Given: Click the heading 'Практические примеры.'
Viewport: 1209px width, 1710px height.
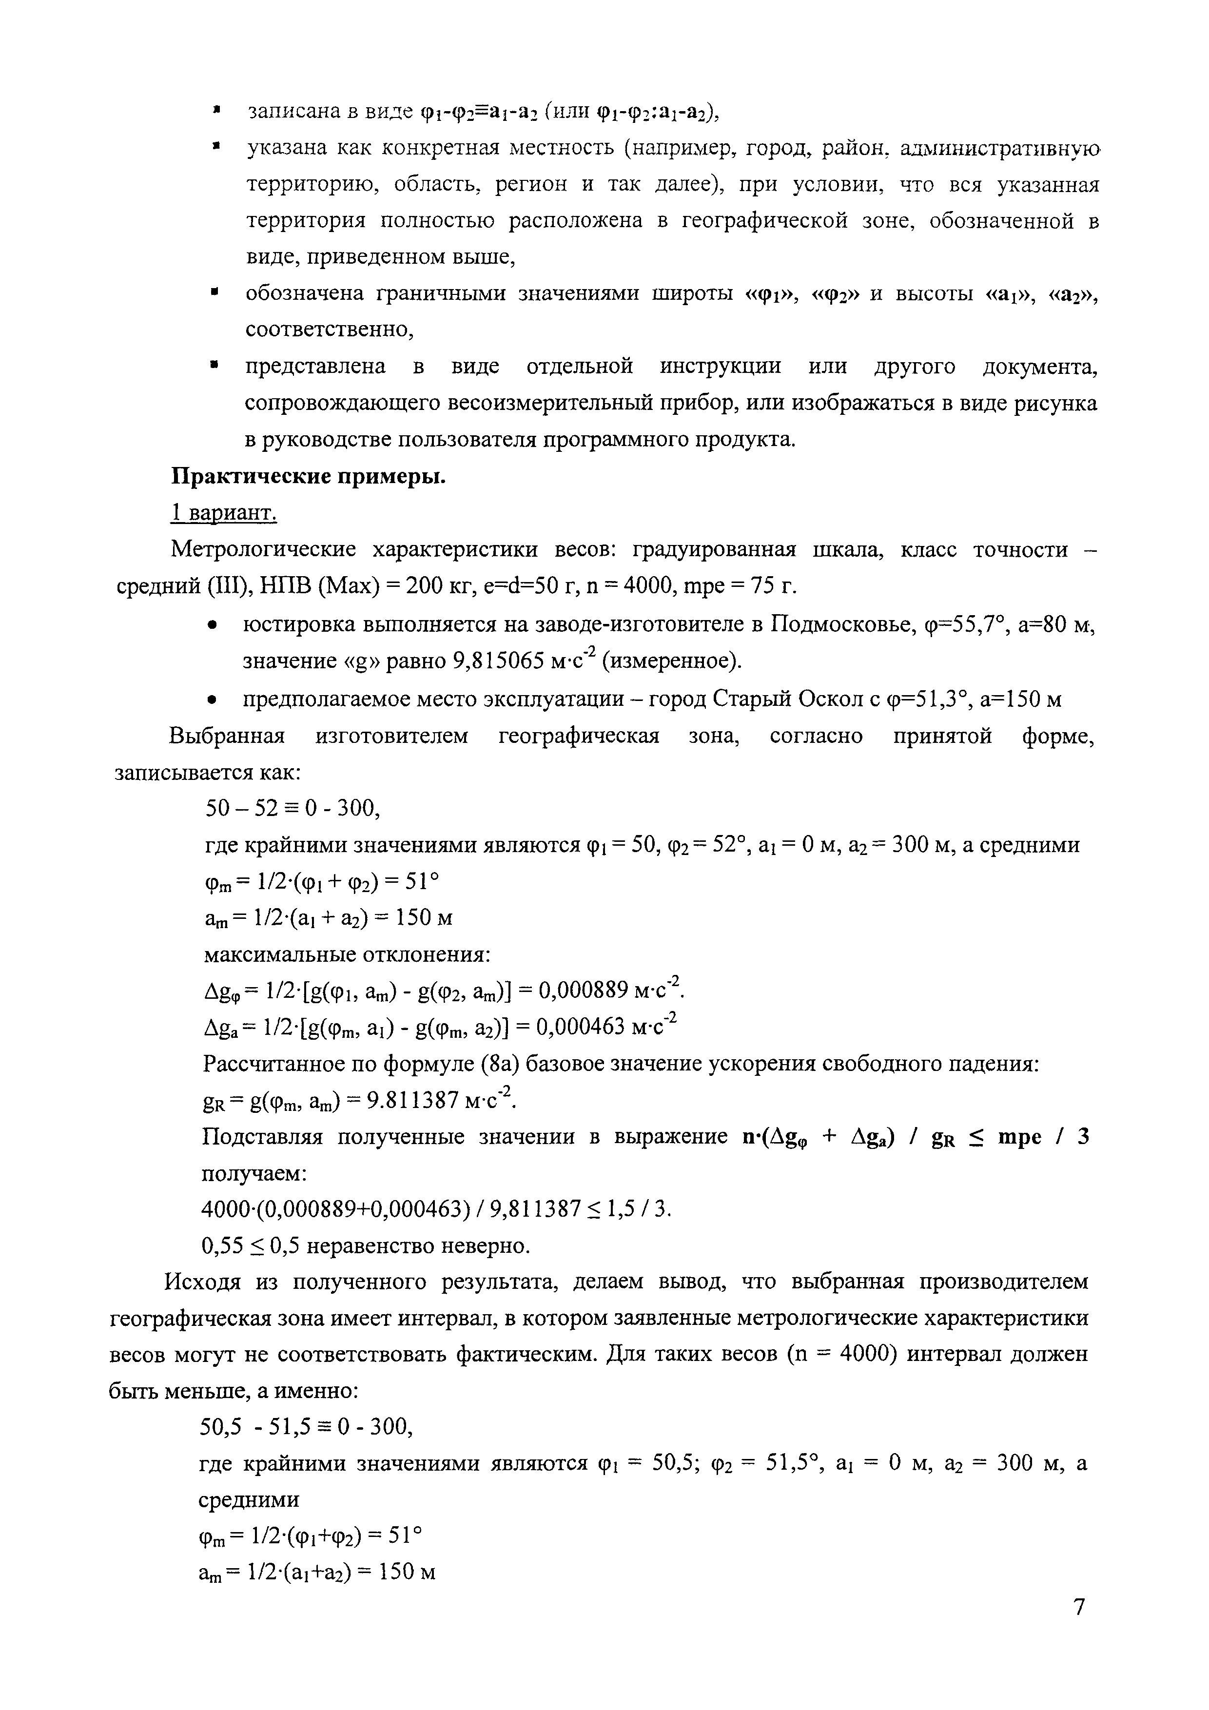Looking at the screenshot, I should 309,477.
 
